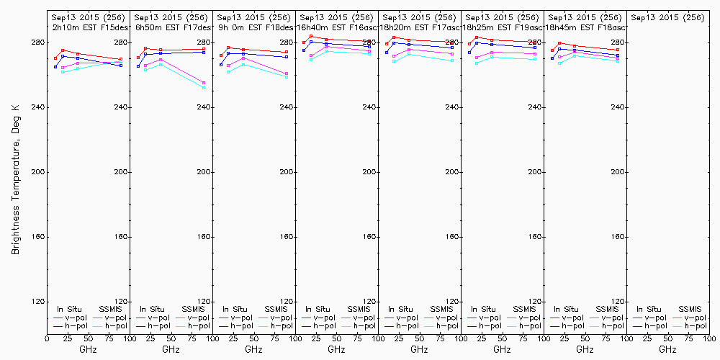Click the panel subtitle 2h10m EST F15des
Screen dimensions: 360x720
point(89,27)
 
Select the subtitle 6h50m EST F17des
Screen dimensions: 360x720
point(172,27)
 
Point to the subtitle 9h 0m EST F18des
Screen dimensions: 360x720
point(255,27)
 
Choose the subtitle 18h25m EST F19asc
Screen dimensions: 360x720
point(503,27)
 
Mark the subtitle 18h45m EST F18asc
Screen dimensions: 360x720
point(586,27)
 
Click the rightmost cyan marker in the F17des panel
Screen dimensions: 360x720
point(204,87)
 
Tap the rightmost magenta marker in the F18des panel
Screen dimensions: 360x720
point(287,73)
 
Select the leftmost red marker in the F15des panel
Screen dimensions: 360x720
point(55,58)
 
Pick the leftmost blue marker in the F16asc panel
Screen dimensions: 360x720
point(304,50)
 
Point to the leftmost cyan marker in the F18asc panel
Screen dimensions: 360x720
point(559,63)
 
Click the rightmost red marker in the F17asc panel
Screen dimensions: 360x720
point(452,42)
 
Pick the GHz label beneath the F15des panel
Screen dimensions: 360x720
point(88,349)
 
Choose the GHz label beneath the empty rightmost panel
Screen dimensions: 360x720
point(667,349)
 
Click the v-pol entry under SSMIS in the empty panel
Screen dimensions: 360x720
point(694,318)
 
